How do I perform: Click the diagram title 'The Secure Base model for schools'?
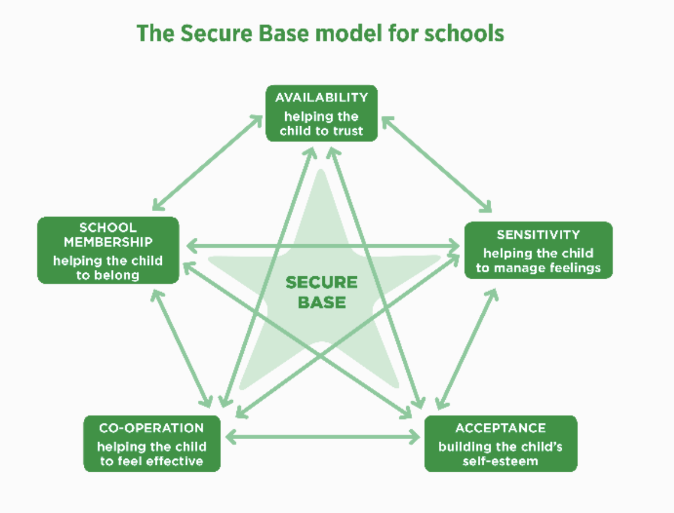(320, 34)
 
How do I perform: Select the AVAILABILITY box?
(321, 113)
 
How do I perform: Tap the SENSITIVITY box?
(538, 250)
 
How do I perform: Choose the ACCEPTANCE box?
(501, 443)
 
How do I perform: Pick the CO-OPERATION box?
(151, 443)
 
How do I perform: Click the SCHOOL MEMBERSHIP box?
(108, 250)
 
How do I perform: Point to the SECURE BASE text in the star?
(321, 292)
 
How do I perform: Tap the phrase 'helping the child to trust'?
(321, 123)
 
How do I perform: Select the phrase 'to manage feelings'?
(538, 268)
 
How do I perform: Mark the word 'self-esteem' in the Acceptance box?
(501, 461)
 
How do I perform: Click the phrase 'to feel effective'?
(151, 461)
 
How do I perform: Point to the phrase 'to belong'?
(108, 275)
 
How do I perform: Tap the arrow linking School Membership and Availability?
(207, 162)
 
